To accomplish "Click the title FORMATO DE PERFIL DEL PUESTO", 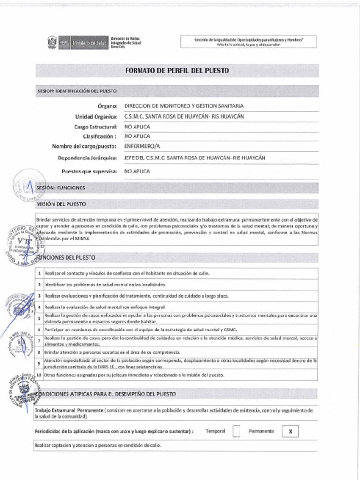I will (177, 71).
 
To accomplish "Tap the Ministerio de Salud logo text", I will (90, 43).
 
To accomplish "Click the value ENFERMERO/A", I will (142, 146).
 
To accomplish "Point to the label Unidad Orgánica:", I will (96, 116).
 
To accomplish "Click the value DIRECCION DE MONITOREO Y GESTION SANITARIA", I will (183, 106).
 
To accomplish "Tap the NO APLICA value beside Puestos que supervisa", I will (137, 172).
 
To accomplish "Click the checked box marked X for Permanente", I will (290, 431).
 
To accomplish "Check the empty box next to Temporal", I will (236, 431).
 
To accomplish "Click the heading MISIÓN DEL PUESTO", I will (61, 204).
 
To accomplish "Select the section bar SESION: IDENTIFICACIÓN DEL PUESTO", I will (77, 90).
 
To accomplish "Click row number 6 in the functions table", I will (40, 330).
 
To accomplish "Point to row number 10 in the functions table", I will (39, 375).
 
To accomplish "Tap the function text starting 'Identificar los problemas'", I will (105, 285).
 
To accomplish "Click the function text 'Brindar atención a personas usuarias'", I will (112, 352).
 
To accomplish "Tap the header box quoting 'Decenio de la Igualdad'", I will (248, 42).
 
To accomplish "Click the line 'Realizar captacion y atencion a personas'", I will (98, 445).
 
